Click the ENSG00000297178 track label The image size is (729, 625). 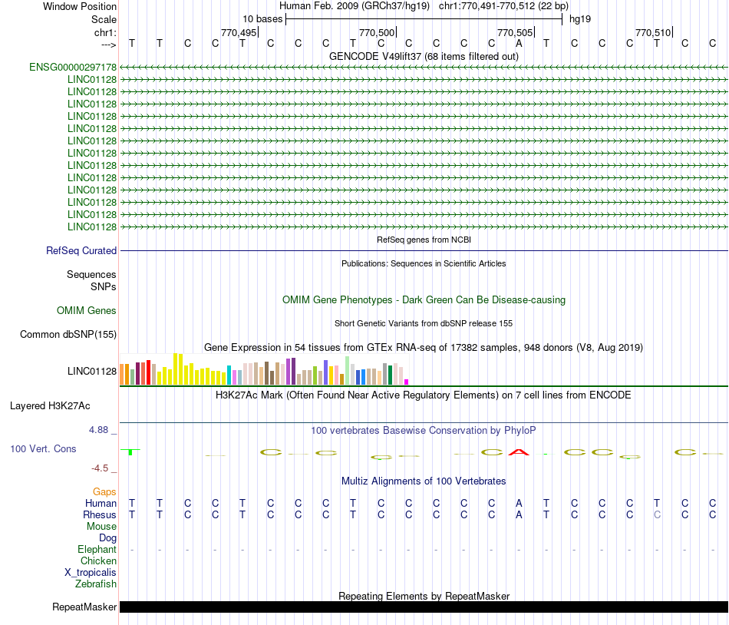pyautogui.click(x=73, y=68)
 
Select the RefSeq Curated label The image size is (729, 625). pyautogui.click(x=81, y=250)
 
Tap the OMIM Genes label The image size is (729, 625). pyautogui.click(x=87, y=310)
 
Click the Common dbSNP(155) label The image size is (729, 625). pyautogui.click(x=68, y=334)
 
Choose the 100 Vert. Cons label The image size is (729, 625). pyautogui.click(x=43, y=448)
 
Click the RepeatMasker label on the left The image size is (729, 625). pyautogui.click(x=84, y=607)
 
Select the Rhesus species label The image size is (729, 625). pyautogui.click(x=100, y=514)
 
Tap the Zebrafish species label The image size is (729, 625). pyautogui.click(x=96, y=584)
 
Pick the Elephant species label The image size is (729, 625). pyautogui.click(x=97, y=549)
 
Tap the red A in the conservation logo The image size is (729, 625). pyautogui.click(x=519, y=451)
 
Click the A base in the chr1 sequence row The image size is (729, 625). pyautogui.click(x=519, y=43)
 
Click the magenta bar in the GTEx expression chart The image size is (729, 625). pyautogui.click(x=407, y=382)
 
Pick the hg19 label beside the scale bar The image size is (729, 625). pyautogui.click(x=579, y=18)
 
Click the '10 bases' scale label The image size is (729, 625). pyautogui.click(x=262, y=18)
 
